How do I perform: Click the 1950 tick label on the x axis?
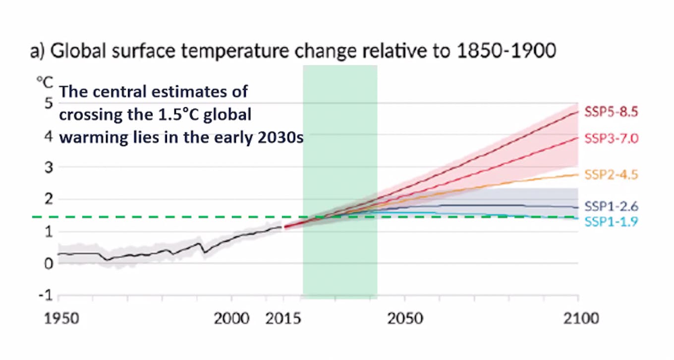click(61, 318)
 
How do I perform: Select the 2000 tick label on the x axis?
click(231, 318)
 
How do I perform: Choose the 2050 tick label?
click(405, 318)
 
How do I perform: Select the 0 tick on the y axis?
click(48, 263)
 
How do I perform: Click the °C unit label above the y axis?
click(45, 82)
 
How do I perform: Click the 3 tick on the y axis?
click(48, 167)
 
